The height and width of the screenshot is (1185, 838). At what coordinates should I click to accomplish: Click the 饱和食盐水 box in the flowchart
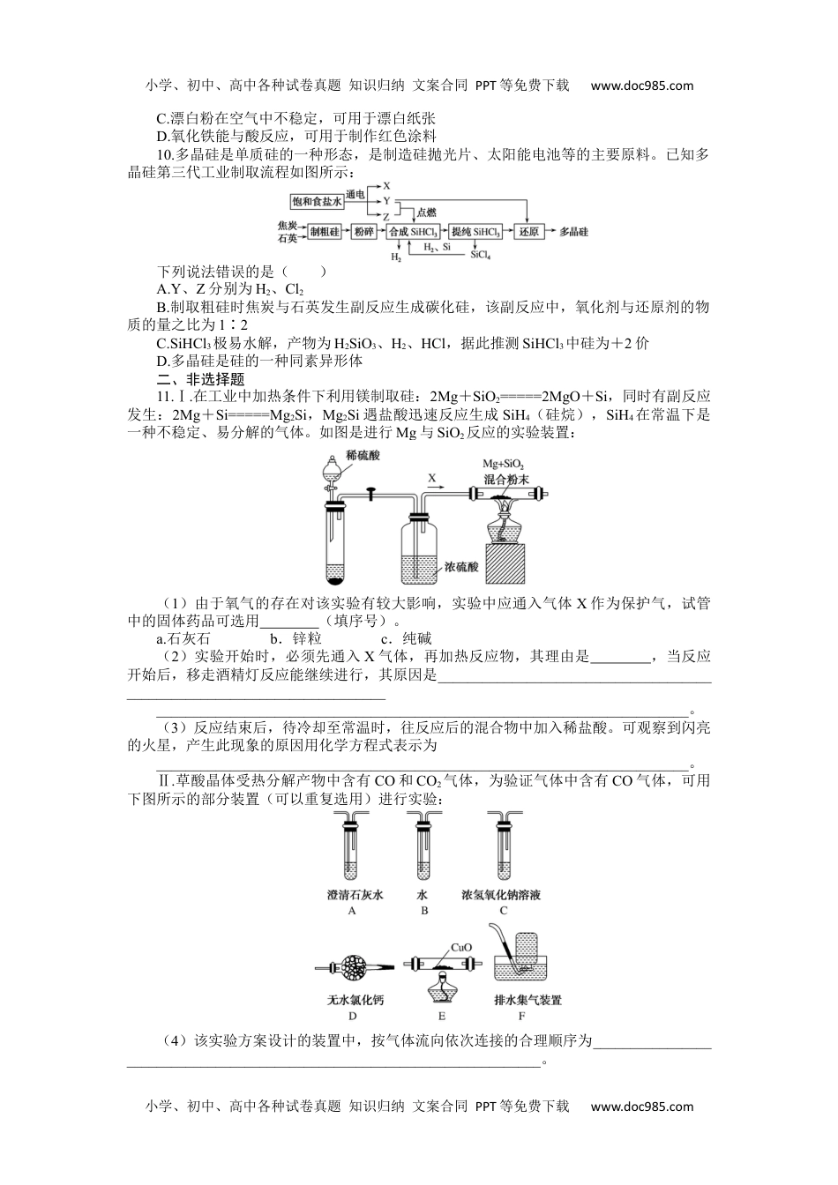[x=317, y=202]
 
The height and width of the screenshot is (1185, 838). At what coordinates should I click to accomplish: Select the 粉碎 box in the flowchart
[x=363, y=232]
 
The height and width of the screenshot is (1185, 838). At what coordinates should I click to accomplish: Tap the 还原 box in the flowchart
[x=527, y=232]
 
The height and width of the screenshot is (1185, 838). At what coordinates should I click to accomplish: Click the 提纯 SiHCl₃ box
[x=475, y=232]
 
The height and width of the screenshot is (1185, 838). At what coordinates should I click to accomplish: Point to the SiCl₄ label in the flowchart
[x=480, y=255]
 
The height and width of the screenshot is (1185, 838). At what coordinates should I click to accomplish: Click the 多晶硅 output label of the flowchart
[x=573, y=232]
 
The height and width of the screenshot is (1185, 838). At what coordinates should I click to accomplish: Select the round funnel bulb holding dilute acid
[x=332, y=468]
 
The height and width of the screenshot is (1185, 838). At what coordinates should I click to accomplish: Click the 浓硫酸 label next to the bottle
[x=461, y=567]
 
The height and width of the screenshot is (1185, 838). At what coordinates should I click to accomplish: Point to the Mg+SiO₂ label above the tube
[x=503, y=465]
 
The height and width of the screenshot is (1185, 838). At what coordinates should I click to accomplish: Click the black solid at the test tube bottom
[x=335, y=579]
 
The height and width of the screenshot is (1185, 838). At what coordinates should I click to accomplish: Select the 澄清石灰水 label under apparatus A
[x=352, y=895]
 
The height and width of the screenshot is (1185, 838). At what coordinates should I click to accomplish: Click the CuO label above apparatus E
[x=461, y=948]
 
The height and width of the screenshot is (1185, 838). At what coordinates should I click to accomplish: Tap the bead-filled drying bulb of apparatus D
[x=351, y=968]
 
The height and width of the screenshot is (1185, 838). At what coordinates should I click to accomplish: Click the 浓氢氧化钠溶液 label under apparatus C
[x=501, y=895]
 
